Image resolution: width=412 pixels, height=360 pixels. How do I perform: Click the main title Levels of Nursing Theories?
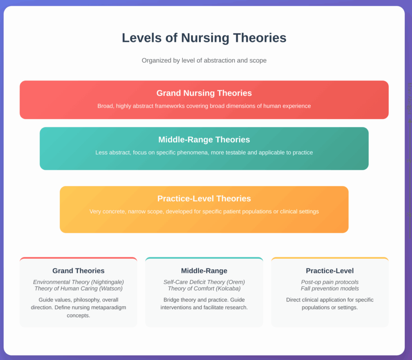tap(204, 38)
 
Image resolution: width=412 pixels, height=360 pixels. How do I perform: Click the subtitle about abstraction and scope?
tap(204, 60)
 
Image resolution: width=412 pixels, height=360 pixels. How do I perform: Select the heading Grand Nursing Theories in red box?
tap(204, 93)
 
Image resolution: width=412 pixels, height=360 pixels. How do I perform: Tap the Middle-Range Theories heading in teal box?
tap(204, 140)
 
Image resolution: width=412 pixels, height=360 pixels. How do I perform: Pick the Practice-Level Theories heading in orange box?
tap(204, 199)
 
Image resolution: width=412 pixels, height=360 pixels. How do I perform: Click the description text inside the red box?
tap(204, 106)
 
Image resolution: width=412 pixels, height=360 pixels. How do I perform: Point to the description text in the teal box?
tap(204, 152)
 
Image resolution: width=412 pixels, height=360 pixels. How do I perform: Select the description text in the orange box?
tap(204, 211)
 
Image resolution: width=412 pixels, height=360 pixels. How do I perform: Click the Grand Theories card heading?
tap(78, 271)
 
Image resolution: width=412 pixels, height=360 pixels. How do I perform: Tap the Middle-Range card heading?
tap(204, 271)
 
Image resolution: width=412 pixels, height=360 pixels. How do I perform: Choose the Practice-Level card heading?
tap(330, 271)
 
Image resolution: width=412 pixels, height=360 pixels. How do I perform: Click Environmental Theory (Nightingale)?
tap(78, 282)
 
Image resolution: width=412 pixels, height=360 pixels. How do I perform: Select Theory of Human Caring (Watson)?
tap(78, 288)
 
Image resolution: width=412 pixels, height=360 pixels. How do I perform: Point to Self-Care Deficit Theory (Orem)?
tap(204, 282)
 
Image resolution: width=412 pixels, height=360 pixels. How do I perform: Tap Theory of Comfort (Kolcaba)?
tap(204, 288)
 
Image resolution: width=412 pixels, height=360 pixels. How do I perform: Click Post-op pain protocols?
tap(330, 282)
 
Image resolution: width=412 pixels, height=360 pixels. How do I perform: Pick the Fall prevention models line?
tap(330, 288)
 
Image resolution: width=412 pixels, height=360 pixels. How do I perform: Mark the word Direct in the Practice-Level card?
tap(295, 300)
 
